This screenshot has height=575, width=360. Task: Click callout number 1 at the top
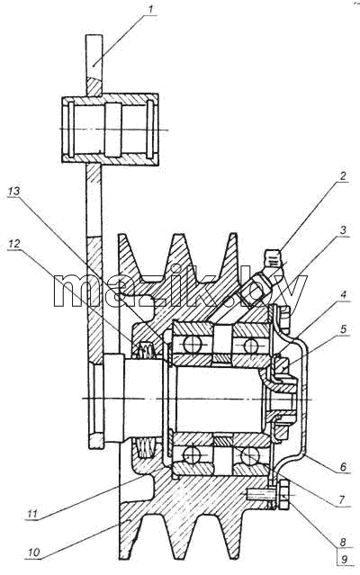tap(150, 10)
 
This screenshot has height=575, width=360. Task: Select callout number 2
tap(342, 176)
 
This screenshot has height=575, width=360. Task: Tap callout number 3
tap(343, 230)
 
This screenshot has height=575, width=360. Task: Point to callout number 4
tap(343, 294)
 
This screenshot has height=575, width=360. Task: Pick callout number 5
tap(344, 329)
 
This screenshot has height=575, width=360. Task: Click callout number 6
tap(343, 466)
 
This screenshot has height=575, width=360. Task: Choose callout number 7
tap(342, 499)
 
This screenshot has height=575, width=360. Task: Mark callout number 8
tap(343, 542)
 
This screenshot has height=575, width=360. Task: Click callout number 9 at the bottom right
tap(344, 560)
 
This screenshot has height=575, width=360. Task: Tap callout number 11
tap(32, 514)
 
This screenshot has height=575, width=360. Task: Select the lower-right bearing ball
tap(249, 456)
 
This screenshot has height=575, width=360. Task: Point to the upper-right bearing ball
tap(251, 345)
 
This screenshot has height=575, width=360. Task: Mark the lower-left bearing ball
tap(192, 456)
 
